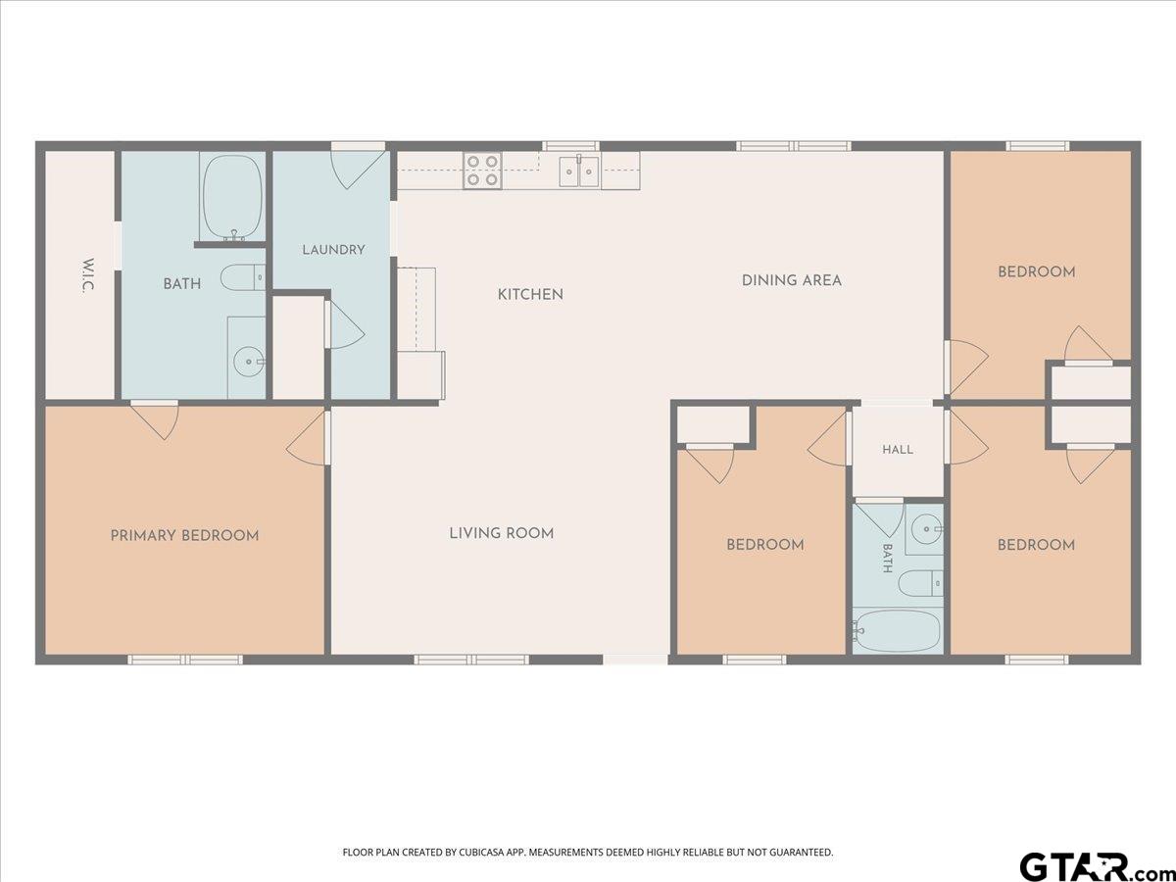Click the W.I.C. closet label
tap(88, 275)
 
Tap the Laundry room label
tap(333, 250)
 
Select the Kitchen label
tap(530, 295)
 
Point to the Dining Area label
tap(791, 280)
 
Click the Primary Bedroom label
tap(185, 535)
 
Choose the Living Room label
tap(502, 533)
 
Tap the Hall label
tap(898, 449)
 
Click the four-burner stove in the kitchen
tap(482, 171)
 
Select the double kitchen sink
tap(579, 171)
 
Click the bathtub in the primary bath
tap(232, 197)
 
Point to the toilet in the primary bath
tap(243, 278)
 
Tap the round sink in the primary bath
tap(249, 362)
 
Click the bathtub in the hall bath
tap(898, 631)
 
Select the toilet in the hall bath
tap(920, 583)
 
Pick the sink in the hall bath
tap(927, 529)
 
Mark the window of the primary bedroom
tap(185, 660)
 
